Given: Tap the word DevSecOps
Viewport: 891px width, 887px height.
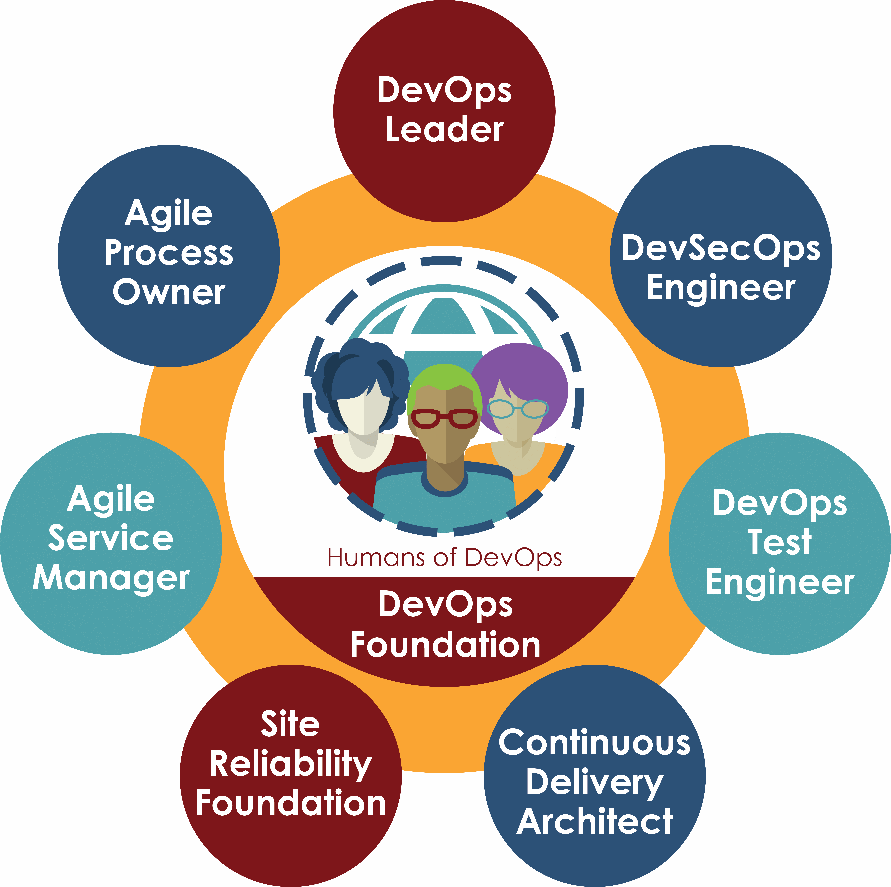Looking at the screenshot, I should click(721, 249).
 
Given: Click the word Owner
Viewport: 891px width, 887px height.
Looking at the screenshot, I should click(169, 293).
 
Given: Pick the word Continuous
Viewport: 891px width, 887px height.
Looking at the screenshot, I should click(594, 743).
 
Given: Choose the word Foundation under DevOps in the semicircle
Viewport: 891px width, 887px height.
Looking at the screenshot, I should click(445, 645).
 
